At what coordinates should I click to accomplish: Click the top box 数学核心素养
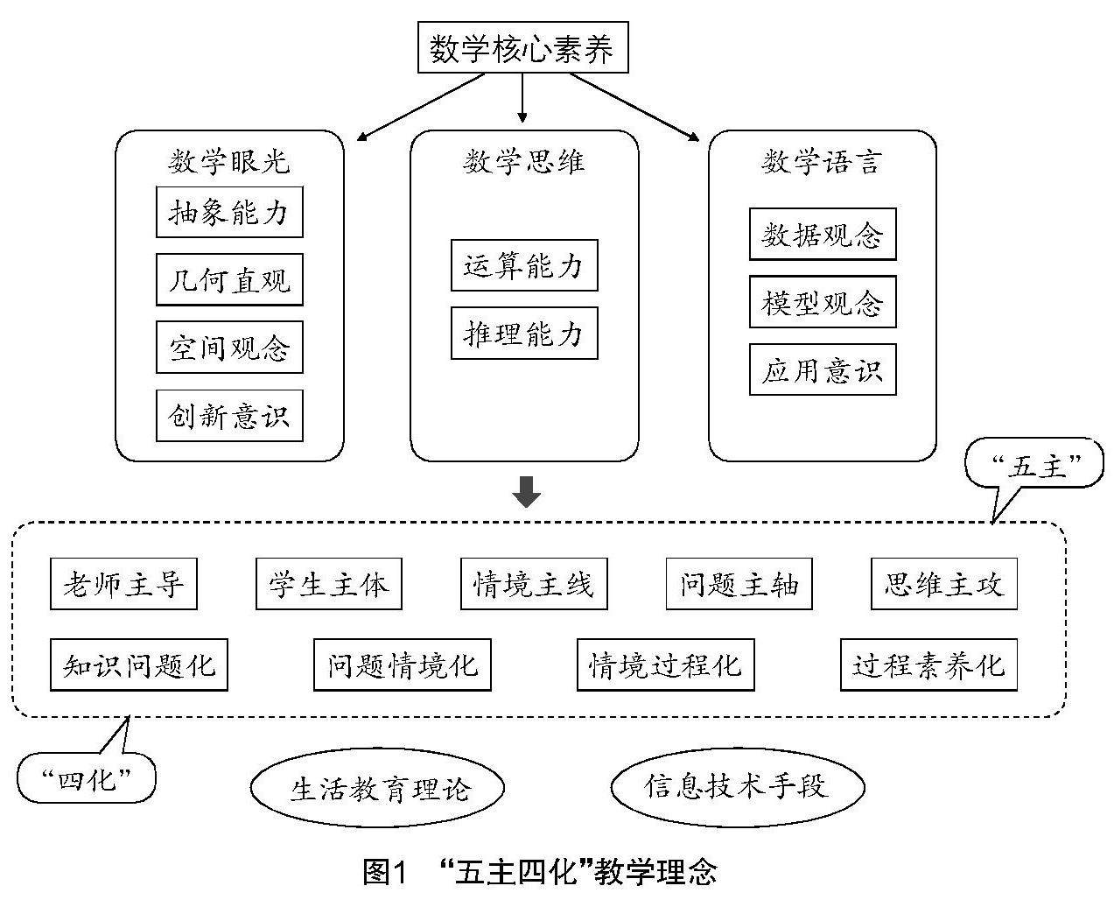(x=522, y=49)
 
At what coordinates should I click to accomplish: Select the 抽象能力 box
(x=229, y=212)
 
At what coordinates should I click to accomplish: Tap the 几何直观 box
(x=229, y=280)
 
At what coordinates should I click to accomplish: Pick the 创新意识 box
(x=229, y=416)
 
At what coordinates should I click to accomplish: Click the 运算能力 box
(x=524, y=265)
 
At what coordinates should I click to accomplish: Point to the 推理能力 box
(x=524, y=334)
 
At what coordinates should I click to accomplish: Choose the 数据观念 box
(x=823, y=235)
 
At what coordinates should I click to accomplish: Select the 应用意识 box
(x=823, y=370)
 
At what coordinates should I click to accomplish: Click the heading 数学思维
(x=524, y=162)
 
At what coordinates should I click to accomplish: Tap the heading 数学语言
(x=822, y=162)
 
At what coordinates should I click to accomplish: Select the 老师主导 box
(x=123, y=584)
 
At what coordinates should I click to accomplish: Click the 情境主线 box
(x=534, y=584)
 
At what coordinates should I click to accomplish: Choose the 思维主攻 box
(x=944, y=584)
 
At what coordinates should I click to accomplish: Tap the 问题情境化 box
(x=403, y=665)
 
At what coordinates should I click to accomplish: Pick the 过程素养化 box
(x=928, y=665)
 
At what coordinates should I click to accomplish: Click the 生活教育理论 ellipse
(x=378, y=788)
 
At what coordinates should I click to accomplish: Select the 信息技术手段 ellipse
(x=737, y=785)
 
